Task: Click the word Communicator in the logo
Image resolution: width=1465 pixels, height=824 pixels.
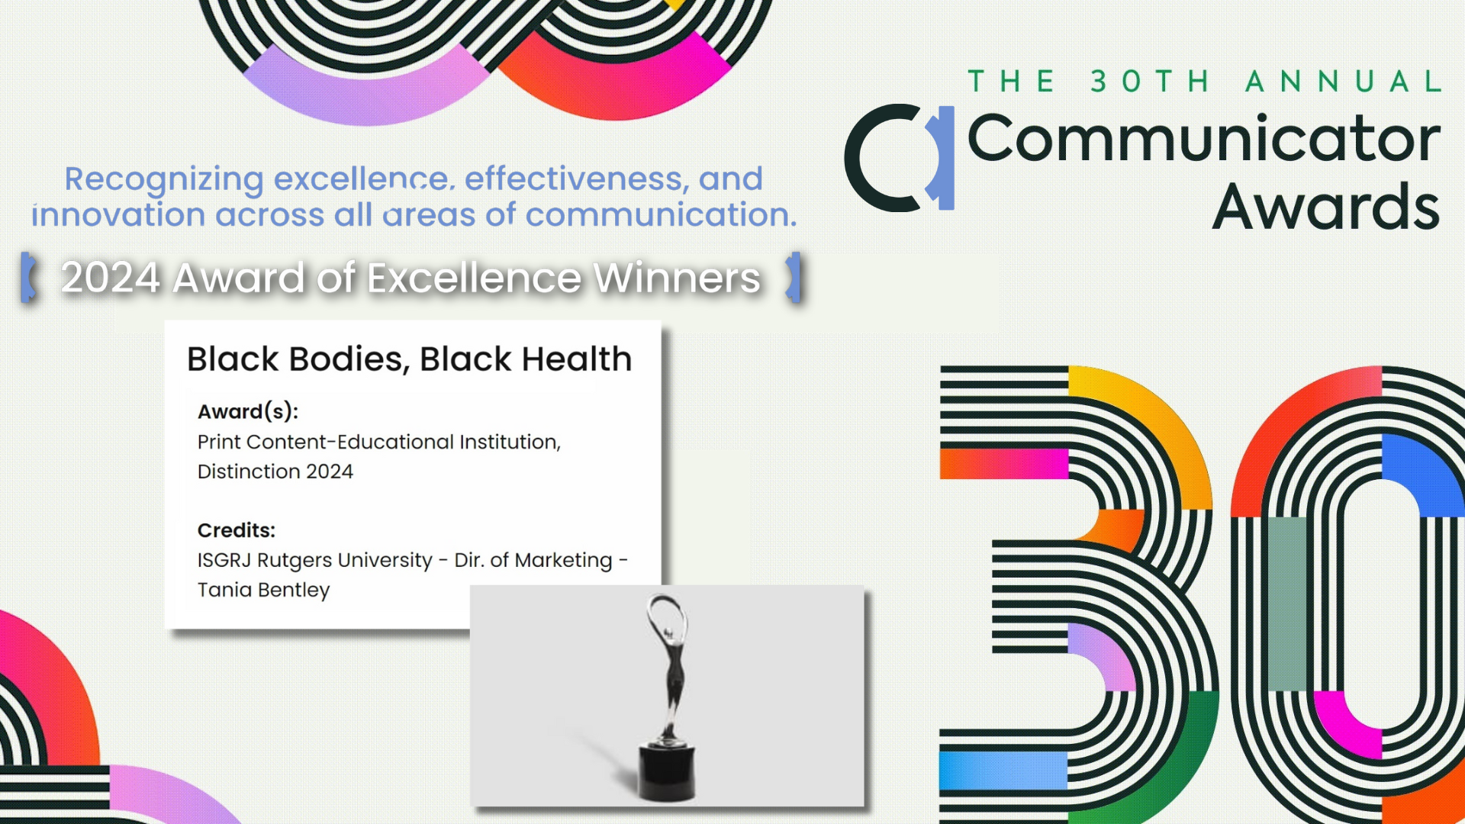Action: coord(1204,138)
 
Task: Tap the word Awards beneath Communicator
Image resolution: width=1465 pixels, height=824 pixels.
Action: coord(1326,207)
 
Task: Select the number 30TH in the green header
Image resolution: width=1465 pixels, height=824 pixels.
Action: coord(1150,81)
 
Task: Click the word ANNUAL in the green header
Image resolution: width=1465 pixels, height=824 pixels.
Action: coord(1344,81)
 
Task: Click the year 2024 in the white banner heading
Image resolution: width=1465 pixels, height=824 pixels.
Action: coord(111,277)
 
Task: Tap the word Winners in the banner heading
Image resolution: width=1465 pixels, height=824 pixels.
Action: coord(677,277)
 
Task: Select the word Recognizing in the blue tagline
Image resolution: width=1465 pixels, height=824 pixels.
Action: coord(164,179)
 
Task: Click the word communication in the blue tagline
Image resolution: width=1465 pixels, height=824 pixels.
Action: coord(661,214)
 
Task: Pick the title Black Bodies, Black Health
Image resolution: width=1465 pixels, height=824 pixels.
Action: coord(409,359)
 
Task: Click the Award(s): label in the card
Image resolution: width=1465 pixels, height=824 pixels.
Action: coord(248,411)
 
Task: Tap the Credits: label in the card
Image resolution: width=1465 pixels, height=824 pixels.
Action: coord(237,530)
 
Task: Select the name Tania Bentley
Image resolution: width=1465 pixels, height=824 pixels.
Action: coord(264,590)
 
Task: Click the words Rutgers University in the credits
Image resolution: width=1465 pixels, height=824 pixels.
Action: coord(345,560)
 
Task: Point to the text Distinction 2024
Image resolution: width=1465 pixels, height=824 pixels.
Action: coord(275,472)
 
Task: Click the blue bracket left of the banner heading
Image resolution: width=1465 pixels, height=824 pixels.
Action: coord(28,277)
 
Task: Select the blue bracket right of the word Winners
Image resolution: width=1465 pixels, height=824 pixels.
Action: coord(794,277)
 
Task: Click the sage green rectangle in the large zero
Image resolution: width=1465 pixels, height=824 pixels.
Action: coord(1287,604)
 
